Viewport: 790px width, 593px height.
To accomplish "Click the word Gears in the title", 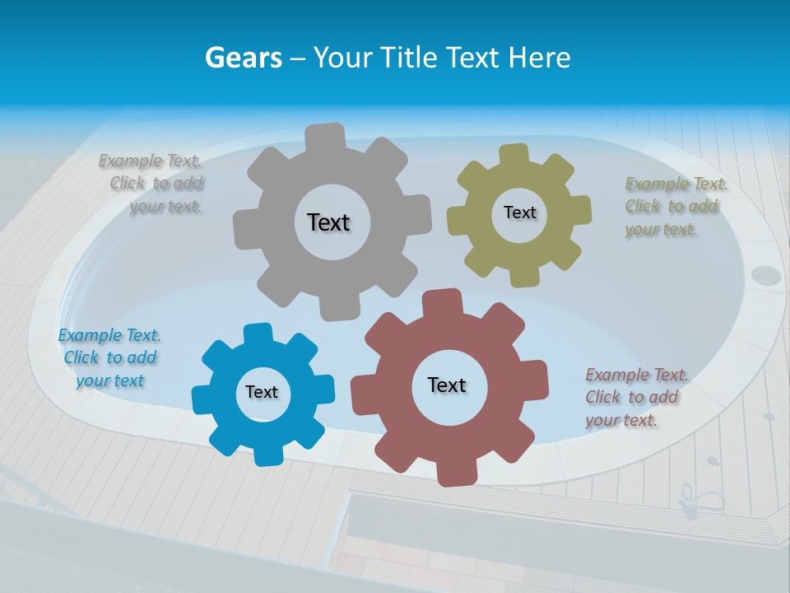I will coord(244,58).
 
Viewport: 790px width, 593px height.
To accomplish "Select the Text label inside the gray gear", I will coord(328,222).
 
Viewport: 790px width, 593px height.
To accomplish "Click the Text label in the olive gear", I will coord(519,212).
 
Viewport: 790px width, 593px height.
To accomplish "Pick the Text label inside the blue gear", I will coord(262,392).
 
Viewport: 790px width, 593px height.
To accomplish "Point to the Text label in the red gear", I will coord(447,385).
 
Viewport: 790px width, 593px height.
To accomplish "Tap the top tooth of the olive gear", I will coord(513,155).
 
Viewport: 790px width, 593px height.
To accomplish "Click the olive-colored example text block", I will coord(673,206).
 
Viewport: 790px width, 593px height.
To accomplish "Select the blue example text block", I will coord(109,357).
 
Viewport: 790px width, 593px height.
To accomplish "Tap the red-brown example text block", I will coord(635,397).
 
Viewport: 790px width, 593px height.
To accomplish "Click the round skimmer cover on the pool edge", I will coord(766,275).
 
